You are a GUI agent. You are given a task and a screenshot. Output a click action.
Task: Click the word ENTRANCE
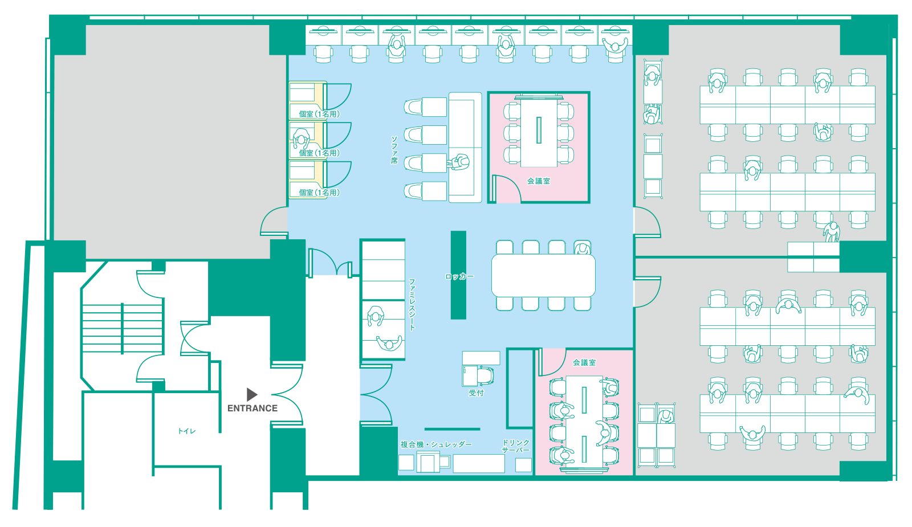click(x=253, y=408)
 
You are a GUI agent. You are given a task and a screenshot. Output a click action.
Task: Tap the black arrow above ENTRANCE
click(x=252, y=394)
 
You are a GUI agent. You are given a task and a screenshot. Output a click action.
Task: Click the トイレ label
click(x=187, y=431)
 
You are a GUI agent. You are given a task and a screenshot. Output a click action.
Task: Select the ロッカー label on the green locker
click(x=459, y=277)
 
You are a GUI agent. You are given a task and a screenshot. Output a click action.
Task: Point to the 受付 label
click(x=477, y=393)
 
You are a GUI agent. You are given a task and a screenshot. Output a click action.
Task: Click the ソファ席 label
click(x=394, y=150)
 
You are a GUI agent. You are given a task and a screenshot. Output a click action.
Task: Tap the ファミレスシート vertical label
click(x=412, y=304)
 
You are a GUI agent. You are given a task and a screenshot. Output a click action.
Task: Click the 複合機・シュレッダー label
click(x=436, y=444)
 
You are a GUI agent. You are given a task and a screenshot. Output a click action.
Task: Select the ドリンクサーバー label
click(x=516, y=446)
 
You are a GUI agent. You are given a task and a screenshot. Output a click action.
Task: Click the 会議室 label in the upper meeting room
click(x=539, y=181)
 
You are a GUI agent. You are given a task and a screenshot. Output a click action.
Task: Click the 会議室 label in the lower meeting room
click(x=584, y=362)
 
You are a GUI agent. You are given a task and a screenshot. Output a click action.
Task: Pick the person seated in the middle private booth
click(x=302, y=138)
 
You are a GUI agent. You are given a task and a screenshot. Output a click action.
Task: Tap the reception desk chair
click(x=485, y=375)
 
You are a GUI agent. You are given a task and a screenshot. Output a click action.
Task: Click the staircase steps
click(x=123, y=328)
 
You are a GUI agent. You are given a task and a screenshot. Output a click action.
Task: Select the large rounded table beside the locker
click(x=543, y=276)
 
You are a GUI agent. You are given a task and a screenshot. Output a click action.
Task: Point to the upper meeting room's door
click(x=507, y=188)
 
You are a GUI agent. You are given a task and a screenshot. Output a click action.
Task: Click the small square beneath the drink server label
click(x=523, y=465)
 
